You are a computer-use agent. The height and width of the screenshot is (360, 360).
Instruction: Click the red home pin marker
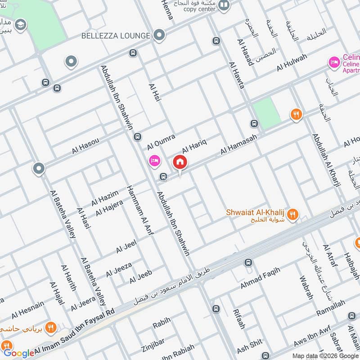(180, 162)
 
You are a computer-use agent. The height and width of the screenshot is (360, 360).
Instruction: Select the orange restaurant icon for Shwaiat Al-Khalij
(293, 215)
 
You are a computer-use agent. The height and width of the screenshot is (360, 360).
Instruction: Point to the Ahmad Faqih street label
(260, 279)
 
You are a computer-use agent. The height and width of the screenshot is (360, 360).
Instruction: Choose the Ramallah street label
(330, 309)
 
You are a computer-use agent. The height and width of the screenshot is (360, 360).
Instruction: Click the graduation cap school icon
(20, 25)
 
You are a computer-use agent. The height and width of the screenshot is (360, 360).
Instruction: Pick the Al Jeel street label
(126, 247)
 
